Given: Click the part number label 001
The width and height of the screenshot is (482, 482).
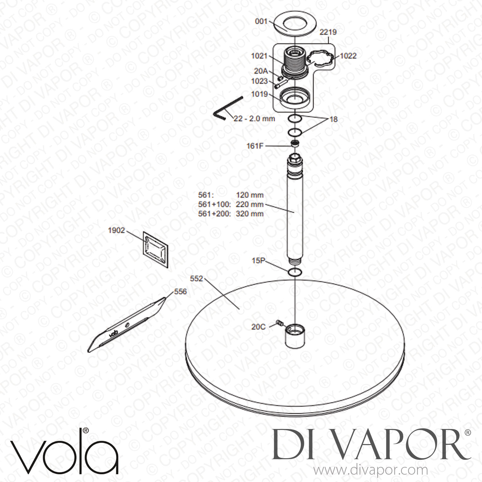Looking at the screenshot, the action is click(x=261, y=21).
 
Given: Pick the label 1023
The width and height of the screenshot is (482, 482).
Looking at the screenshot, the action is click(x=260, y=81).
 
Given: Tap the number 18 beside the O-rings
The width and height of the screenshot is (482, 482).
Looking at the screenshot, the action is click(x=334, y=119).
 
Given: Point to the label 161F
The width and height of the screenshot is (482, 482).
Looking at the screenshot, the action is click(x=254, y=146).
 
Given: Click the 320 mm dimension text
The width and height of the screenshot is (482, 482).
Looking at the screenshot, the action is click(x=250, y=213).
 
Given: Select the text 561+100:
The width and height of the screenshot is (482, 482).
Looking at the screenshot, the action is click(x=214, y=204).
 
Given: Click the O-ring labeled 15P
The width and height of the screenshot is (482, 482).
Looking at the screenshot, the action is click(x=294, y=272).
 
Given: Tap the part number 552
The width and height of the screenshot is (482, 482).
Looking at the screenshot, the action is click(x=196, y=279).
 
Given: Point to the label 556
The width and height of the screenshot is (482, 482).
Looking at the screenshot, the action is click(x=180, y=292).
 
